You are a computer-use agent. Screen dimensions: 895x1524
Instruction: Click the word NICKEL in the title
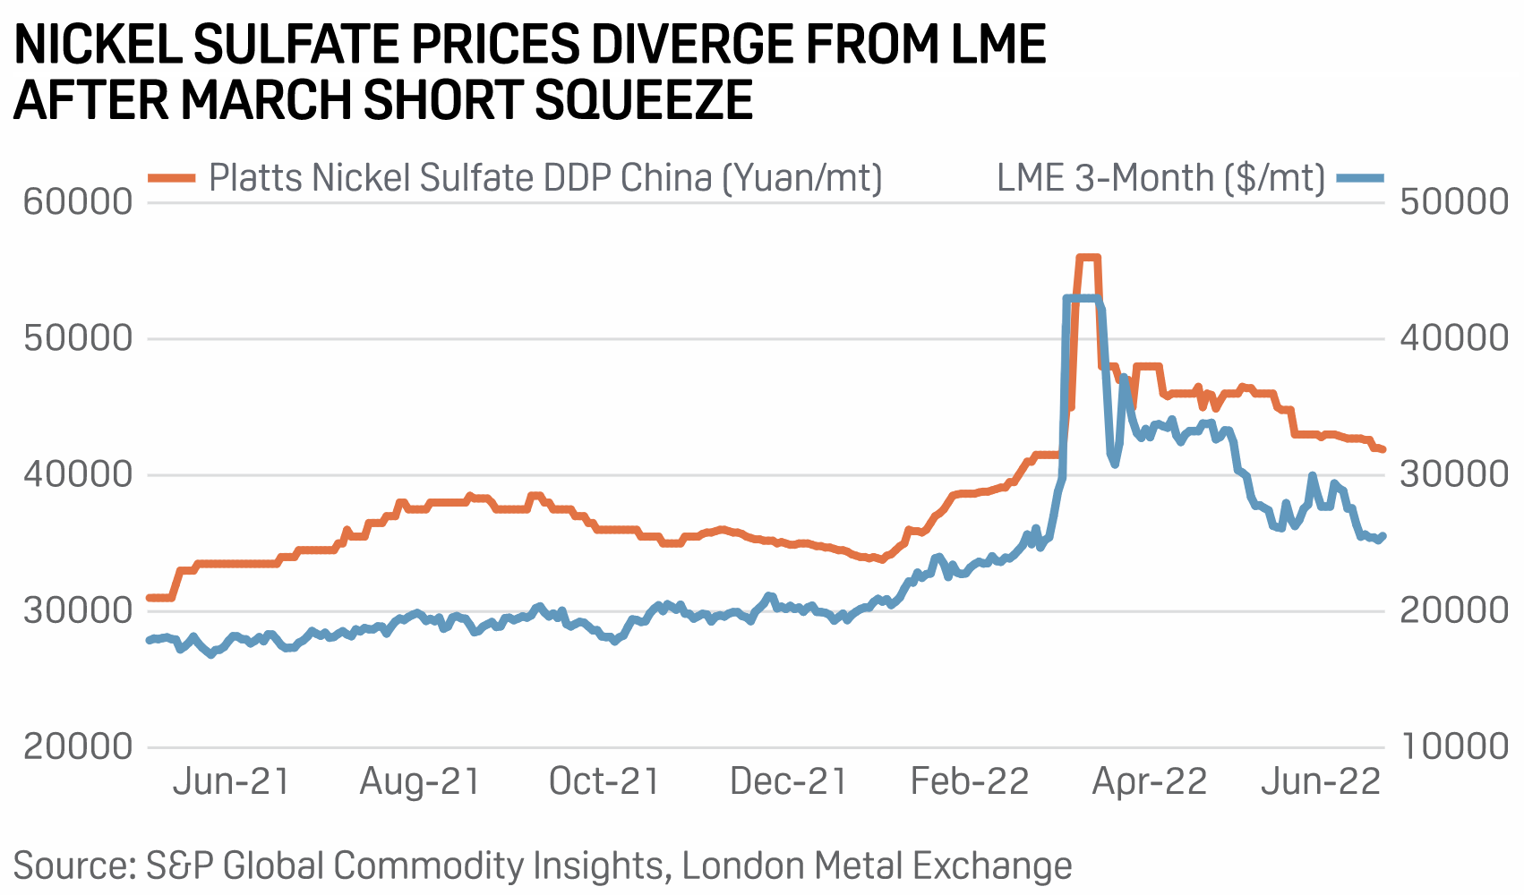97,45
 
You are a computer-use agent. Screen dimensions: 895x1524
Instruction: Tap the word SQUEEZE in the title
643,99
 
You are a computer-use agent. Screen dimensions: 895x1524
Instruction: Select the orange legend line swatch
171,177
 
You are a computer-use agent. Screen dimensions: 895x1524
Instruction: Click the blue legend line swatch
1360,177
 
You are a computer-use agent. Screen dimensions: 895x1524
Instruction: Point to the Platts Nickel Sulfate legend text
545,177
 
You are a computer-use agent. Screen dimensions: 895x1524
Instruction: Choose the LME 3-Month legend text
1160,177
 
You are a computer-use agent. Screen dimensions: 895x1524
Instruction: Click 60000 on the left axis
78,201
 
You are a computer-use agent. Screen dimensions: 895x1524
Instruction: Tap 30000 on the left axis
78,610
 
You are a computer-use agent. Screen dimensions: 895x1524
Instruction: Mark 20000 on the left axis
78,746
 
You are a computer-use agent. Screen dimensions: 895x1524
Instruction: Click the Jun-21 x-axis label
231,781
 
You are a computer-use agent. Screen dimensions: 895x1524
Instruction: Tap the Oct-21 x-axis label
604,781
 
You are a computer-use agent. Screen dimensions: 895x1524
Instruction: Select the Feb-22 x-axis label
970,781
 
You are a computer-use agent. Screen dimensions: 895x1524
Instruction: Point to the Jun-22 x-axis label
1322,781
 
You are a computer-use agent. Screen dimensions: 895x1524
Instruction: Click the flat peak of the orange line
1087,258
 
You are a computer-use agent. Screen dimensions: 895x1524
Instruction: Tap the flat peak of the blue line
1081,298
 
